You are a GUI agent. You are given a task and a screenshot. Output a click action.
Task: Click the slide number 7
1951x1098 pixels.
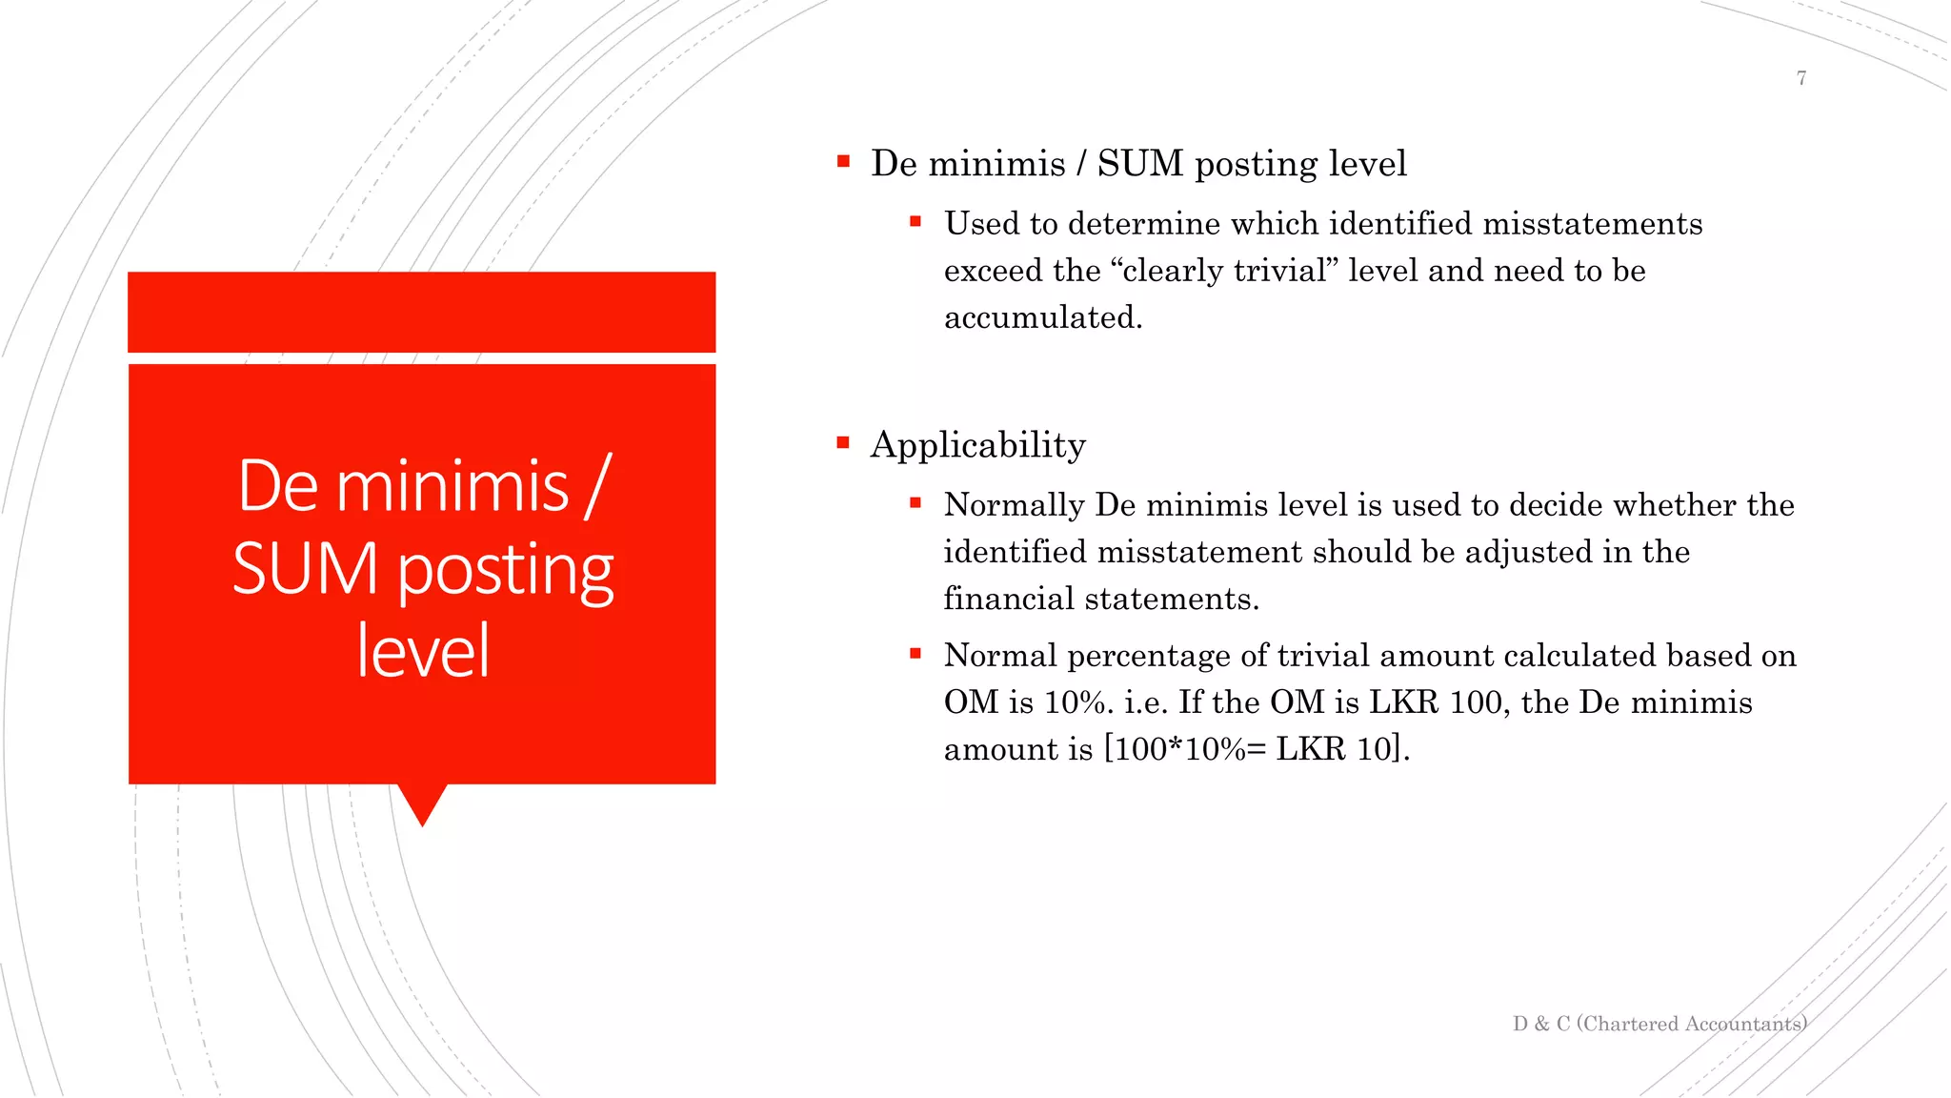pyautogui.click(x=1800, y=78)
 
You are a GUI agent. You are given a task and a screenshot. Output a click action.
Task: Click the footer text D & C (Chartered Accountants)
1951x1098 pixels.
pyautogui.click(x=1659, y=1024)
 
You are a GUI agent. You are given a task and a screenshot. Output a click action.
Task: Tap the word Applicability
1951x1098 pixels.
pyautogui.click(x=977, y=445)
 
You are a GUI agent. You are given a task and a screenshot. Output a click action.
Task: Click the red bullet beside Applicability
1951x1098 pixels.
pyautogui.click(x=843, y=442)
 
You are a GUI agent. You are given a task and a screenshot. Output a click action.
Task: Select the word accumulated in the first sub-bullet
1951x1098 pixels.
pyautogui.click(x=1042, y=317)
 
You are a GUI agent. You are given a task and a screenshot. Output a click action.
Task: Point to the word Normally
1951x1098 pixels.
pyautogui.click(x=1014, y=505)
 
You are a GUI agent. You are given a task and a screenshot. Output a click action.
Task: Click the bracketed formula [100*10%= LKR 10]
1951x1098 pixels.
pyautogui.click(x=1256, y=749)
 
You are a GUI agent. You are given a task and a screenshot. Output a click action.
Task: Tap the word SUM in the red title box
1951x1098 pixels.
pyautogui.click(x=305, y=569)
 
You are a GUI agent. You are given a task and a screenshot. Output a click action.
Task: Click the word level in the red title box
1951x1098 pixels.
pyautogui.click(x=423, y=651)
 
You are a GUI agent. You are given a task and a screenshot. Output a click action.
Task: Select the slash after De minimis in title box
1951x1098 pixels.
pyautogui.click(x=596, y=487)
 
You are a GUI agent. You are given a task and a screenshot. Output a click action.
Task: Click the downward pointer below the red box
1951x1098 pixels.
pyautogui.click(x=422, y=803)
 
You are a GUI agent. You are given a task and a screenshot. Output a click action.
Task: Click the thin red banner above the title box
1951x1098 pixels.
pyautogui.click(x=421, y=312)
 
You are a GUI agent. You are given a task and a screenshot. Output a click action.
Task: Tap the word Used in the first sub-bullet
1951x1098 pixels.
pyautogui.click(x=981, y=224)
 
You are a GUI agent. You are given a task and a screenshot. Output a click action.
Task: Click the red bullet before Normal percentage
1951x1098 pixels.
pyautogui.click(x=915, y=654)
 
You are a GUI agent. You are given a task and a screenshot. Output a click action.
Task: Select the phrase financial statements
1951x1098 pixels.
pyautogui.click(x=1100, y=599)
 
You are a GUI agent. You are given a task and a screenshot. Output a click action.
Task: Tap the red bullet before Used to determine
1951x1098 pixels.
pyautogui.click(x=915, y=222)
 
